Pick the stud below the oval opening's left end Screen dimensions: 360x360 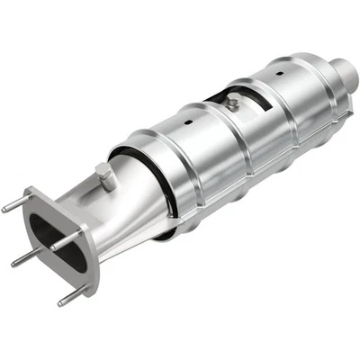[x=20, y=261]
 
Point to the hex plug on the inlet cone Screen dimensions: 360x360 [x=104, y=175]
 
